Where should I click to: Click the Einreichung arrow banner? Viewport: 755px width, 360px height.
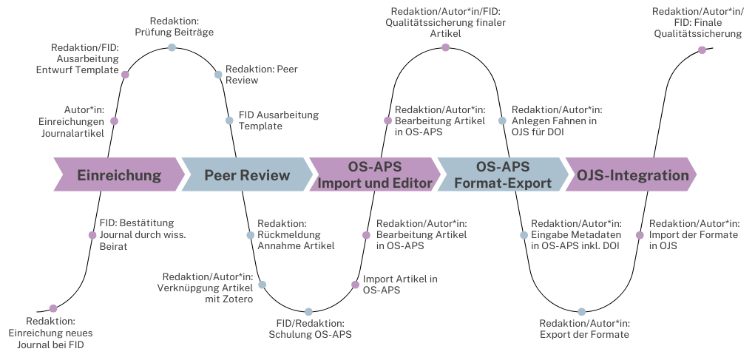[x=119, y=175]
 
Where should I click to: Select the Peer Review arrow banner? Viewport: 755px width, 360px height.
[x=246, y=175]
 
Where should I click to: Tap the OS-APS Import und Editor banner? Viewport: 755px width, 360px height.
[x=374, y=175]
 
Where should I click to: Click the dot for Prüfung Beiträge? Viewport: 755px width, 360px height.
[x=172, y=47]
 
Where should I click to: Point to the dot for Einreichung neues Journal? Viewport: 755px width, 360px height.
[x=53, y=308]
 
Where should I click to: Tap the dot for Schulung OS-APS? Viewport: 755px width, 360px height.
[x=308, y=312]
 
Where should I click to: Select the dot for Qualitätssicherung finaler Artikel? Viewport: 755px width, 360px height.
[x=445, y=47]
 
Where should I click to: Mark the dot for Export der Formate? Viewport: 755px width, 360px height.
[x=582, y=312]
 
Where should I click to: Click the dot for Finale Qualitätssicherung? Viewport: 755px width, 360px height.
[x=702, y=50]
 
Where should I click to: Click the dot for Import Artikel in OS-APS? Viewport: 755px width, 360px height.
[x=353, y=284]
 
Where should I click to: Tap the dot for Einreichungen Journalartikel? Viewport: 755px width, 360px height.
[x=114, y=120]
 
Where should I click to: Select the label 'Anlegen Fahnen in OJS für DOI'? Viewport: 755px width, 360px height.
[x=557, y=120]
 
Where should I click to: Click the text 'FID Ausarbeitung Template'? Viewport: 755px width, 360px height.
[x=278, y=120]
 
